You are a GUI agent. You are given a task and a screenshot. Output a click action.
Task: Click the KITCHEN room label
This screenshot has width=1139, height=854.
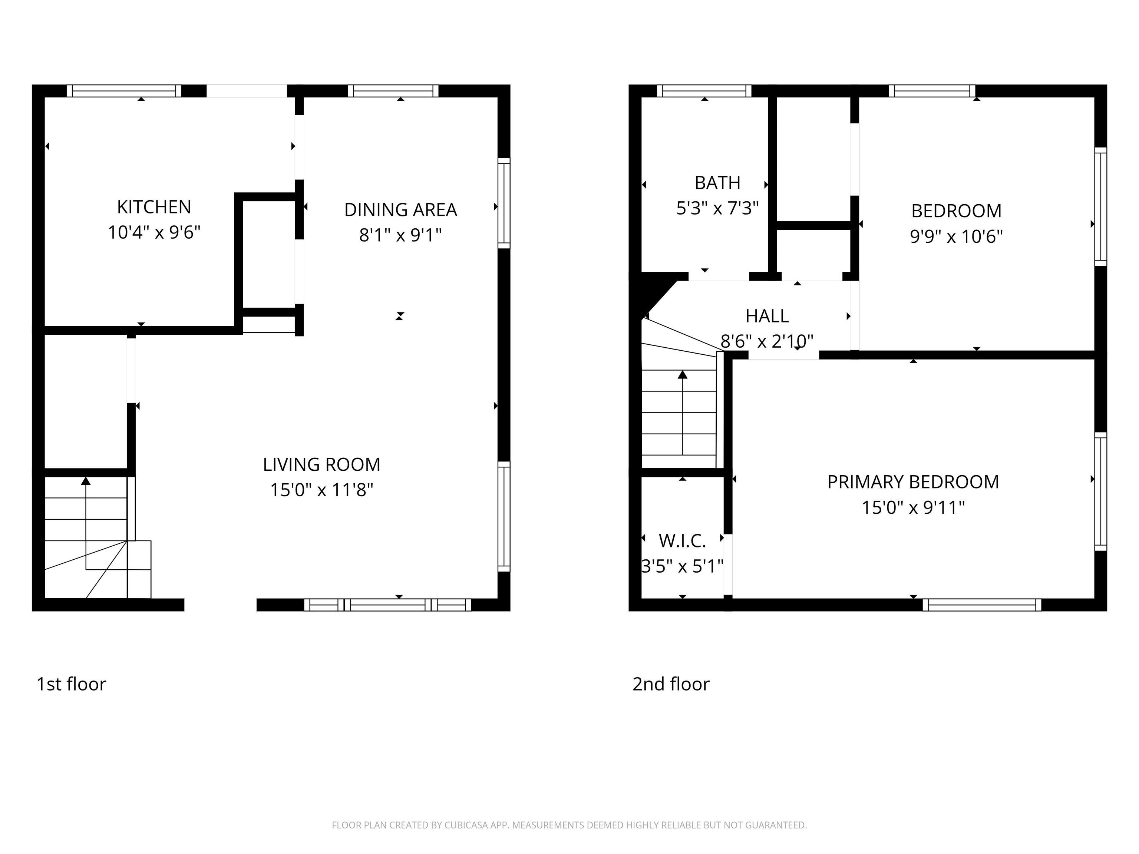pyautogui.click(x=154, y=207)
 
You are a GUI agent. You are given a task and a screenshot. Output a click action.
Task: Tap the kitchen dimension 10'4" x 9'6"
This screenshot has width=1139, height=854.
pyautogui.click(x=154, y=233)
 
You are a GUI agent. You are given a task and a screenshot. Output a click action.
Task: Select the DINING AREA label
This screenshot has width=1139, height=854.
pyautogui.click(x=400, y=210)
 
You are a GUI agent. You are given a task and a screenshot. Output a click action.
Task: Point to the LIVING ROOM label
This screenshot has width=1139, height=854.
pyautogui.click(x=321, y=465)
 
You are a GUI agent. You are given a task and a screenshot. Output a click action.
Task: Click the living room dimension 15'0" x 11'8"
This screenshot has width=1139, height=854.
pyautogui.click(x=321, y=490)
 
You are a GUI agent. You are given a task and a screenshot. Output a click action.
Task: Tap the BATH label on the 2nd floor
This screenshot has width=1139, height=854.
pyautogui.click(x=717, y=183)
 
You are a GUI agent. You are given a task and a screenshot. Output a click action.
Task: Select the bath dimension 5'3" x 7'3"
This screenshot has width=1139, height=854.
pyautogui.click(x=717, y=208)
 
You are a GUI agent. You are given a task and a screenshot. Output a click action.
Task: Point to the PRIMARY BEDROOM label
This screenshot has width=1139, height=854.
pyautogui.click(x=913, y=482)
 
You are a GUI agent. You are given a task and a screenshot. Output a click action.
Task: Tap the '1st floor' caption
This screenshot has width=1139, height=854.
pyautogui.click(x=71, y=684)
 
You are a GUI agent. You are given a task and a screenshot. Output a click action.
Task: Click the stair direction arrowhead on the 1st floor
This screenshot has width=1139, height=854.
pyautogui.click(x=86, y=481)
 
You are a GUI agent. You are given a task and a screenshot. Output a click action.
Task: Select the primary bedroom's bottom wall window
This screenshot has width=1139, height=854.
pyautogui.click(x=981, y=605)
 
